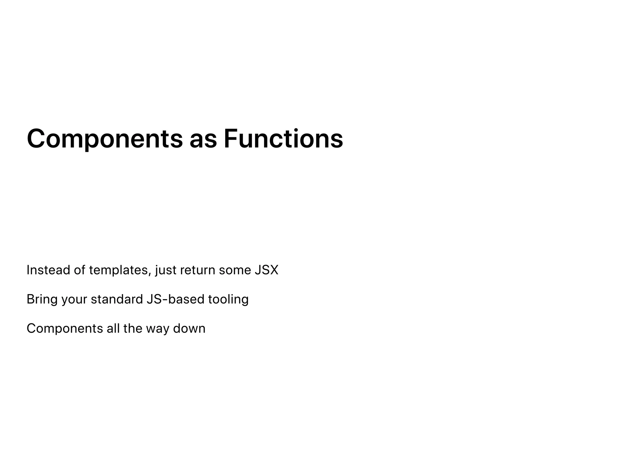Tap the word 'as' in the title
click(203, 139)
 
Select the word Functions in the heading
click(283, 139)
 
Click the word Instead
click(48, 270)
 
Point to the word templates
click(120, 270)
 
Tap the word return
click(198, 270)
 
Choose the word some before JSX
click(235, 270)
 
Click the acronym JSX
click(267, 270)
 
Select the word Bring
click(42, 300)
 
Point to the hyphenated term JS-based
click(175, 299)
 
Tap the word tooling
click(228, 300)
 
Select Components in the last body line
click(65, 329)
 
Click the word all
click(113, 328)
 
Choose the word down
click(189, 328)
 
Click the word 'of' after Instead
click(79, 270)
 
